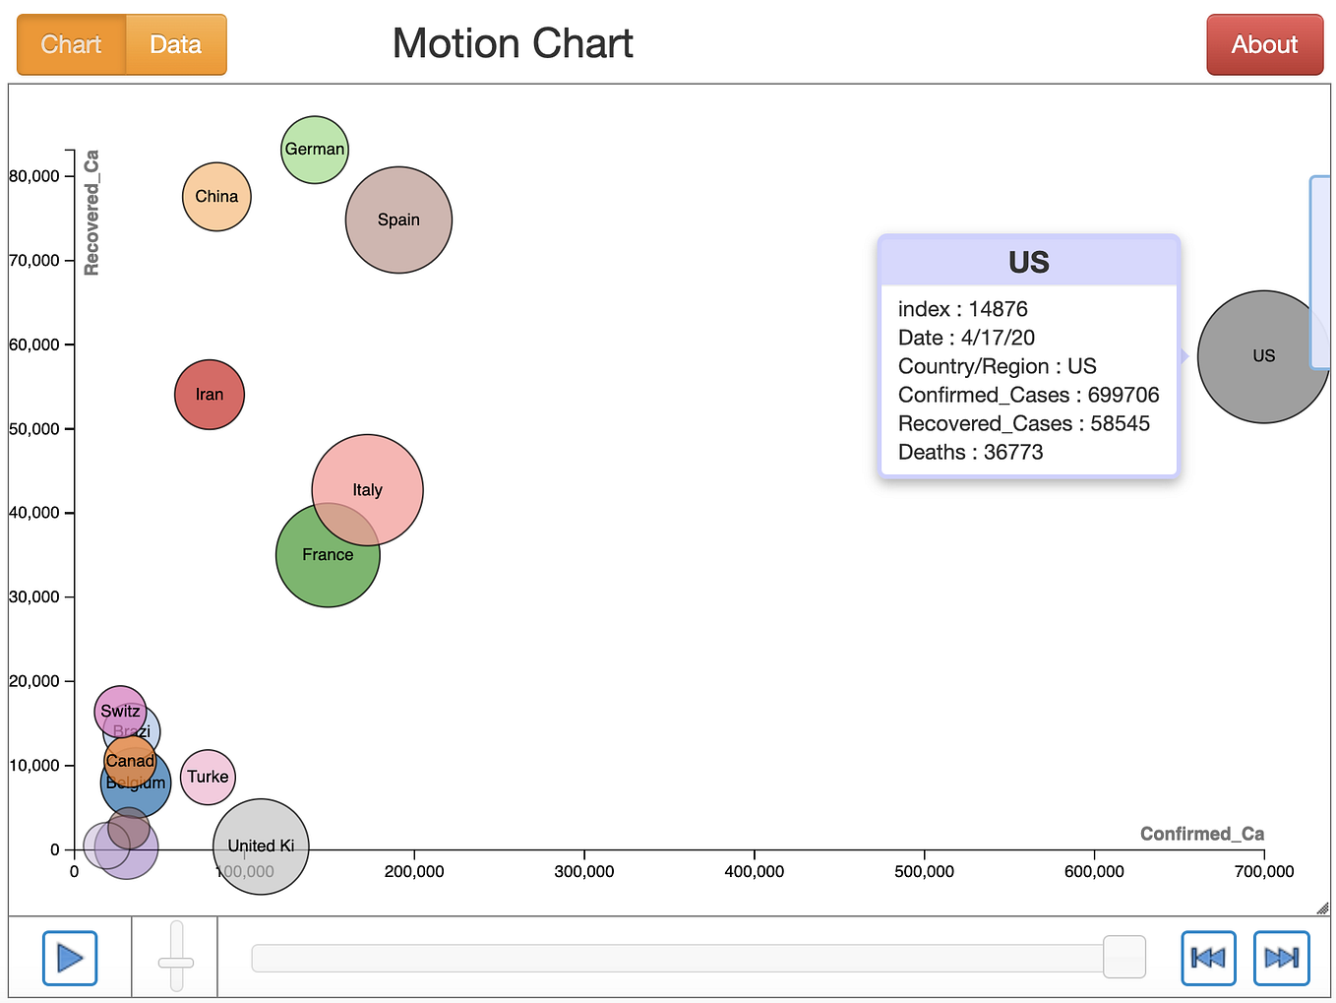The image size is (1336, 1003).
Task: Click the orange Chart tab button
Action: tap(71, 45)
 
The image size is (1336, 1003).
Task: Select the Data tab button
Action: tap(176, 45)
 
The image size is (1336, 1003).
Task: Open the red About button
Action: tap(1264, 45)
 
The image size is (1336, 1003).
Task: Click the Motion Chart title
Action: tap(513, 44)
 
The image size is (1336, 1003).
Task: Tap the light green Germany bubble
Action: tap(315, 150)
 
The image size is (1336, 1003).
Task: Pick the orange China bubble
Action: tap(216, 197)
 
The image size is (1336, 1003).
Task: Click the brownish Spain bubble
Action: tap(398, 219)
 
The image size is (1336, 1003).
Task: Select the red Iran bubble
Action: tap(210, 395)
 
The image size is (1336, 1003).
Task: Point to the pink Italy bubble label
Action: tap(368, 490)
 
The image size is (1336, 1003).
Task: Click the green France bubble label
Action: tap(328, 555)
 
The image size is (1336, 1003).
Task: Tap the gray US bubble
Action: tap(1263, 356)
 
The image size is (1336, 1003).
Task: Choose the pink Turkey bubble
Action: tap(208, 777)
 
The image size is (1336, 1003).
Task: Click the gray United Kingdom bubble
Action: tap(261, 846)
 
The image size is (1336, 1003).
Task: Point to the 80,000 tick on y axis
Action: tap(35, 176)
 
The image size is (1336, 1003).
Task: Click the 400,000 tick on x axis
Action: tap(755, 871)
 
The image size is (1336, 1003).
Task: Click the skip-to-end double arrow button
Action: tap(1281, 958)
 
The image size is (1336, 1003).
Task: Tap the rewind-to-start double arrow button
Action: tap(1208, 958)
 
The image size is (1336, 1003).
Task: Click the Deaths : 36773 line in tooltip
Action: tap(970, 452)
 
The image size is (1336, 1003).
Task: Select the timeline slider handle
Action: tap(1124, 957)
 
